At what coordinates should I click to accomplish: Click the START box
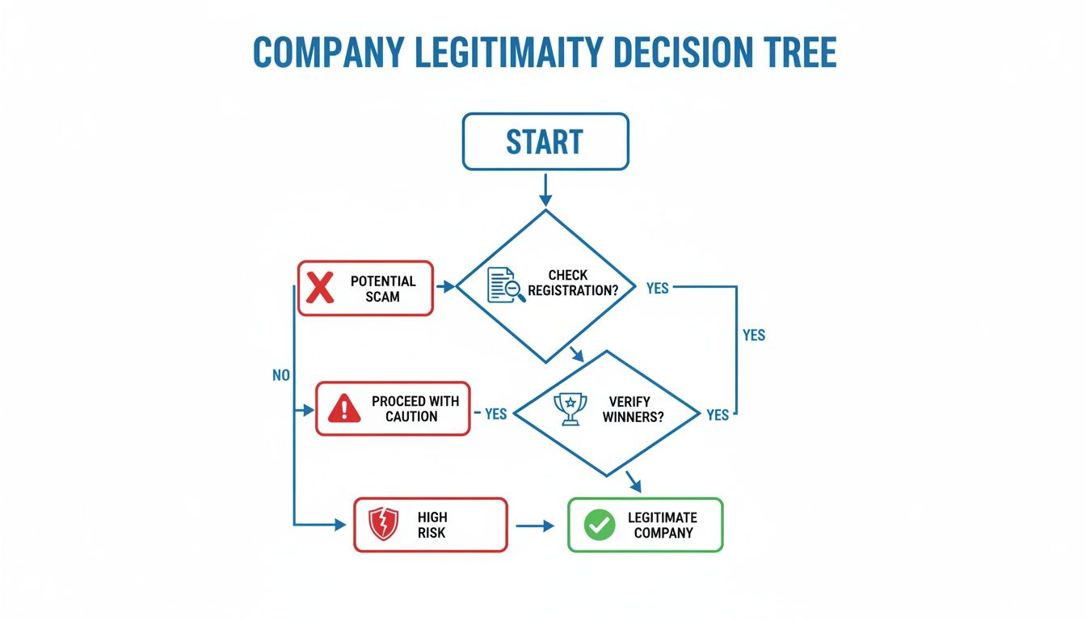545,142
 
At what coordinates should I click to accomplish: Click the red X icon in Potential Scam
321,288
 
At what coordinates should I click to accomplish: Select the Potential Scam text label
383,289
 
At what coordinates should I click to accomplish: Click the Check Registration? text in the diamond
578,282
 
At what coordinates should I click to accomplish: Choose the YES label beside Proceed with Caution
495,414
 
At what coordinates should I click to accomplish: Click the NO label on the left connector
280,375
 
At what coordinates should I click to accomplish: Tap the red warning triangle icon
344,408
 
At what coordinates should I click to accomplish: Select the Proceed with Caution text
415,408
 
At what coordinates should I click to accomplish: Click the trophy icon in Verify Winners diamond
569,408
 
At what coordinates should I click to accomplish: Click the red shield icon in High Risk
383,525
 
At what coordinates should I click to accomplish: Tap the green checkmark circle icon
599,525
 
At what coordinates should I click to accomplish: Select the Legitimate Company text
663,525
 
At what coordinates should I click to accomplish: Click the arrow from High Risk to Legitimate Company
536,526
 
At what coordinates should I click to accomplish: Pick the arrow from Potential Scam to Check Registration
444,286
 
